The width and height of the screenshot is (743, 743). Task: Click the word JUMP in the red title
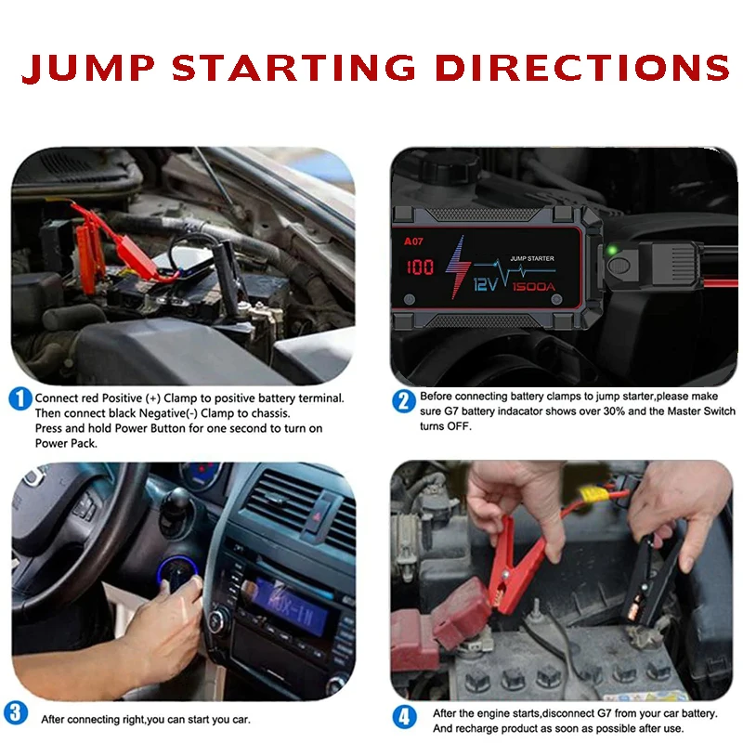tap(88, 68)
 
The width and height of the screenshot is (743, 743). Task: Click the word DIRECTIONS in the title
tap(582, 67)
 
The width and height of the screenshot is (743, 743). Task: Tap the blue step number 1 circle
tap(20, 399)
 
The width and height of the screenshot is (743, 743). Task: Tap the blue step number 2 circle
tap(404, 401)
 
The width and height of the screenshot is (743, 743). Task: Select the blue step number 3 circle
tap(16, 713)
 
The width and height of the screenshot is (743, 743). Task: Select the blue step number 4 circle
tap(404, 717)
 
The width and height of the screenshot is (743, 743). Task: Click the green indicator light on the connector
tap(612, 250)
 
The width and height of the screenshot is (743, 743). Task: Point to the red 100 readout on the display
tap(420, 267)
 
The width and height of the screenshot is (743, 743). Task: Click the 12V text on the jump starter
tap(486, 284)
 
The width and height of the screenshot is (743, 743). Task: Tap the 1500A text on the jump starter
tap(533, 287)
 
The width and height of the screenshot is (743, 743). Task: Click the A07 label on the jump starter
tap(413, 241)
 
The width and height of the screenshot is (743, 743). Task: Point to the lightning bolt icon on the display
tap(457, 267)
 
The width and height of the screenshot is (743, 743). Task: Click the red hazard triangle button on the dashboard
tap(318, 516)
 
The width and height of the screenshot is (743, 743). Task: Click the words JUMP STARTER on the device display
tap(532, 258)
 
